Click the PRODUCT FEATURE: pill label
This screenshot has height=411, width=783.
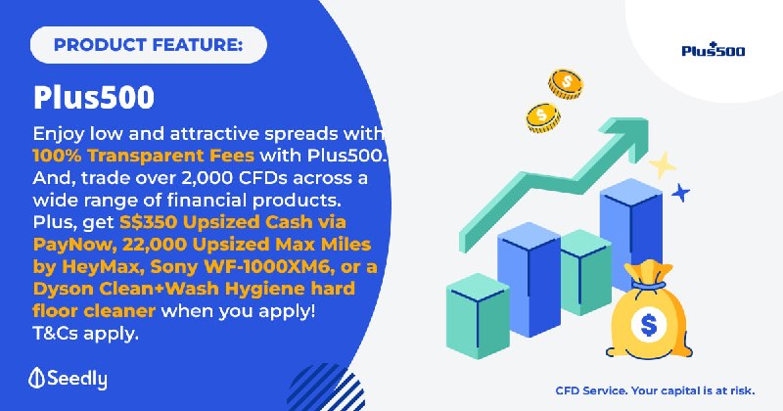point(149,45)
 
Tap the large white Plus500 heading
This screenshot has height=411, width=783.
point(94,98)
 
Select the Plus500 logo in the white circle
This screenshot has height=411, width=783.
point(714,50)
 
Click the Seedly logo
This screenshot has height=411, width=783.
point(68,379)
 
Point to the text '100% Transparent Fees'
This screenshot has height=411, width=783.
point(143,156)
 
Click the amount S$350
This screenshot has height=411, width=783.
point(148,222)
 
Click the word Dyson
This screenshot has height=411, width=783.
point(63,290)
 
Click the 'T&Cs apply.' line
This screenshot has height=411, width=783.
point(85,333)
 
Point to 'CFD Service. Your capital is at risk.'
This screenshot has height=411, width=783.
point(655,390)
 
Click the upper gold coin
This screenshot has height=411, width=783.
point(566,83)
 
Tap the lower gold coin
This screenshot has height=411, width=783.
point(543,117)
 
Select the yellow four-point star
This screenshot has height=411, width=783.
point(663,165)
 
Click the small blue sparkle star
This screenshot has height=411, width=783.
point(680,193)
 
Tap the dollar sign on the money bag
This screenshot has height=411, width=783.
point(649,325)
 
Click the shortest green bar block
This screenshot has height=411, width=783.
point(478,316)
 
